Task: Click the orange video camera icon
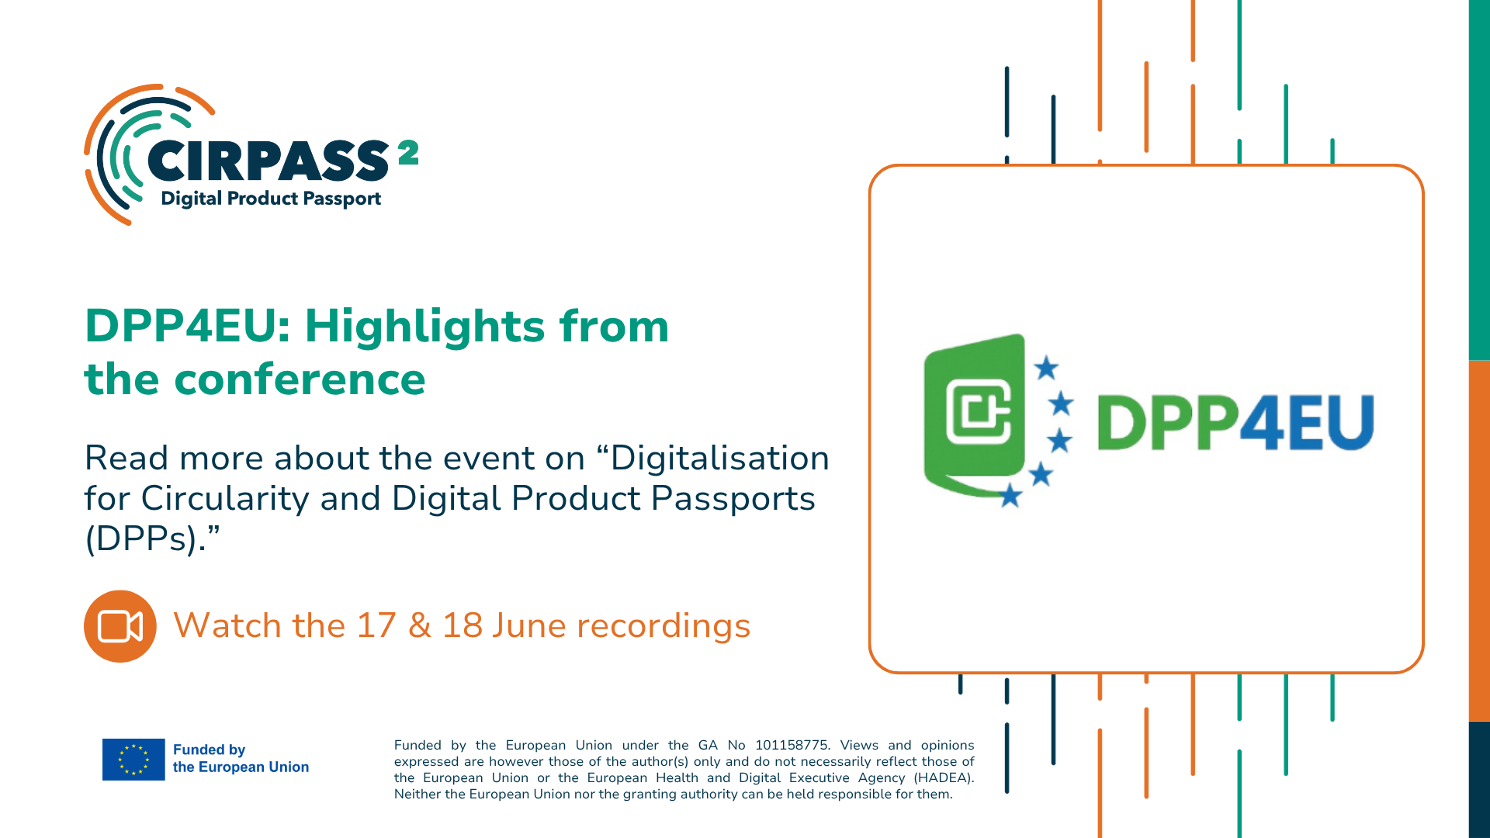(x=120, y=626)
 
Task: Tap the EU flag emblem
(x=133, y=759)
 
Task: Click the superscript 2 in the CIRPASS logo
(x=408, y=152)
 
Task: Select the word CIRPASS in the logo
(x=268, y=161)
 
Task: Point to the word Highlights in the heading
(x=426, y=327)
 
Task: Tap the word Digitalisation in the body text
(x=720, y=458)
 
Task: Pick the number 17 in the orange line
(x=376, y=625)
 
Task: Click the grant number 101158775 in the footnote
(x=791, y=745)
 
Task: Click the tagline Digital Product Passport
(x=271, y=199)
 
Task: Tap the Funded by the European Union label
(x=241, y=758)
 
